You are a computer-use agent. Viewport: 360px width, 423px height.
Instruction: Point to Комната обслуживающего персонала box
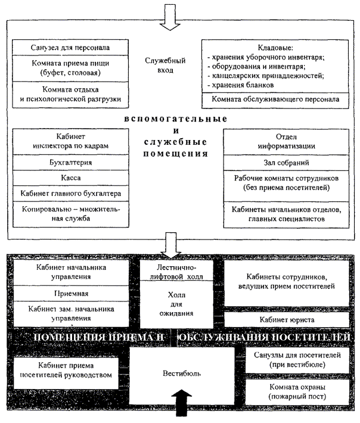click(x=275, y=100)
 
